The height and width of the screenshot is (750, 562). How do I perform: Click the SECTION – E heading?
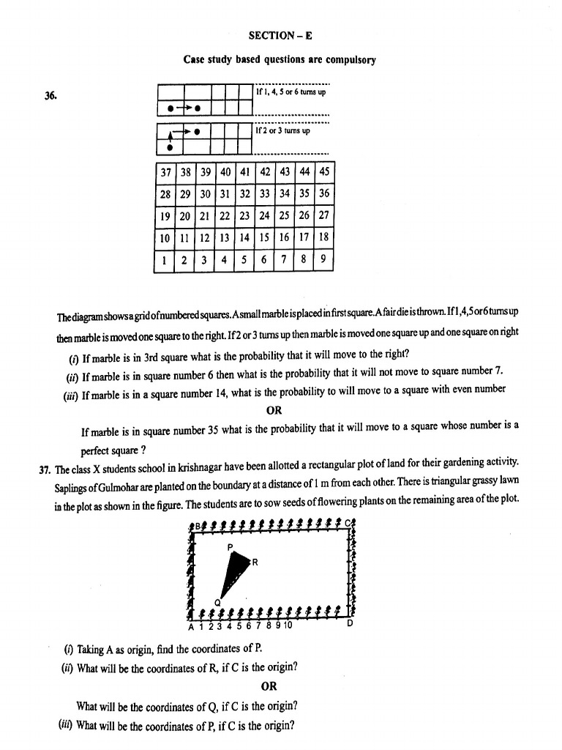280,35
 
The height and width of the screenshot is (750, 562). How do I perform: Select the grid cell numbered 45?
323,173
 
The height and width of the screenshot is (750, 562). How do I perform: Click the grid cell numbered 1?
165,259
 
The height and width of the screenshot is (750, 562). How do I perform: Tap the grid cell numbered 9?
323,259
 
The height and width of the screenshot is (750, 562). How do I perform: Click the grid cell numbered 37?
165,173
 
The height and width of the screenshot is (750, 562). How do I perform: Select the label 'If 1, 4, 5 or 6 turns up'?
291,93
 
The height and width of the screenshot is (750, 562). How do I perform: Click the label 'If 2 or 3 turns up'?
282,130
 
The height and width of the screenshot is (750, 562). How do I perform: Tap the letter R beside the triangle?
254,562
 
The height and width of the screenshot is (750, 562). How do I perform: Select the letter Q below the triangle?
217,602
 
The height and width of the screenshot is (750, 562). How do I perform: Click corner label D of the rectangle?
349,625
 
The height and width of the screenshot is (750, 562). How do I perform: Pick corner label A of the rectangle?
191,627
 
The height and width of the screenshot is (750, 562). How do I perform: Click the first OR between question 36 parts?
274,410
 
